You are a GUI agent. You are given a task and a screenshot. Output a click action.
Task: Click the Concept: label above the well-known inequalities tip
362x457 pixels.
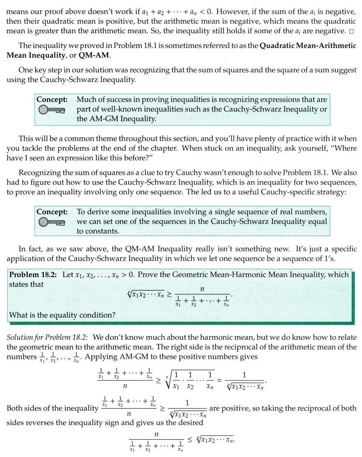coord(52,99)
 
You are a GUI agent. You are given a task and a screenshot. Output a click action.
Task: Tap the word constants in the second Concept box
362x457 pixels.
coord(98,231)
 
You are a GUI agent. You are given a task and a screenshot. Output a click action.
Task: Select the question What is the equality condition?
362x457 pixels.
coord(62,313)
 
